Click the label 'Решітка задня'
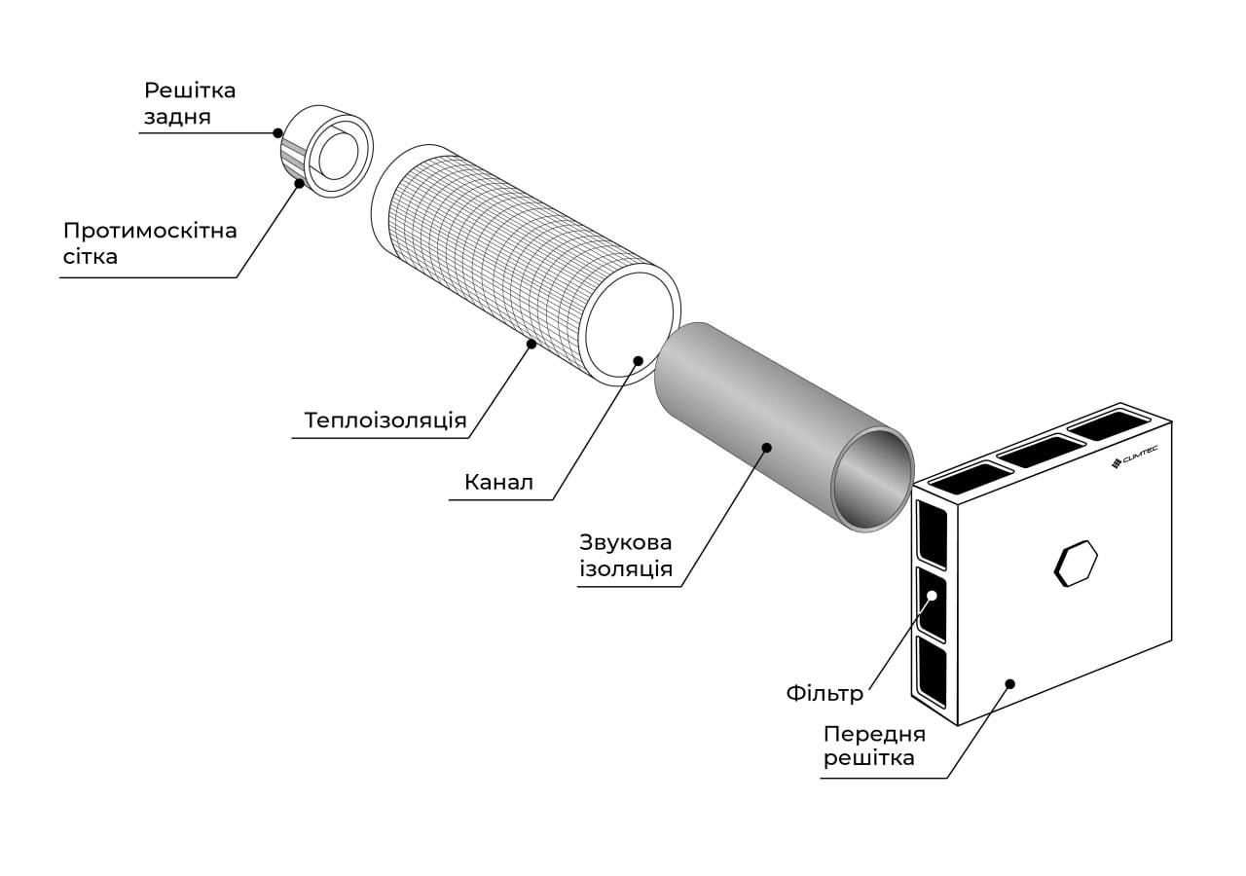[190, 104]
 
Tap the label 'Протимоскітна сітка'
[150, 243]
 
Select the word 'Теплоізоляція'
[385, 420]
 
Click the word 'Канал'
[498, 482]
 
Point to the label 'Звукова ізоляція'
[626, 555]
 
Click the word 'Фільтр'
[825, 694]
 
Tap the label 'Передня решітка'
[874, 746]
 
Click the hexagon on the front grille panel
[1076, 564]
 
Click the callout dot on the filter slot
[932, 595]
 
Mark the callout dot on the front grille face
[1009, 683]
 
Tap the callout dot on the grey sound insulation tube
[767, 448]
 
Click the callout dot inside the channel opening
[639, 360]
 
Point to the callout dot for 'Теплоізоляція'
[531, 343]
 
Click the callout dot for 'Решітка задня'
[278, 132]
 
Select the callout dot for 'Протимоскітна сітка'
[299, 182]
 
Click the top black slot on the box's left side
[932, 533]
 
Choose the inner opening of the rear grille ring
[339, 156]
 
